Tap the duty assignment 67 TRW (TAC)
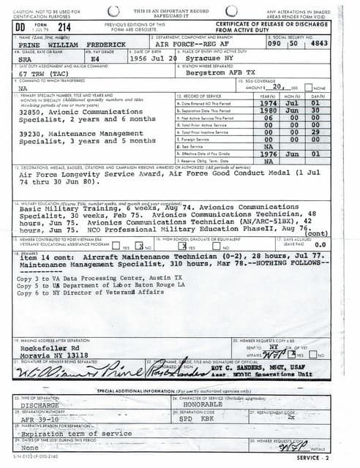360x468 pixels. tap(44, 74)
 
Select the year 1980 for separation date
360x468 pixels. tap(269, 110)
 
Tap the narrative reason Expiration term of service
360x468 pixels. tap(70, 434)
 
